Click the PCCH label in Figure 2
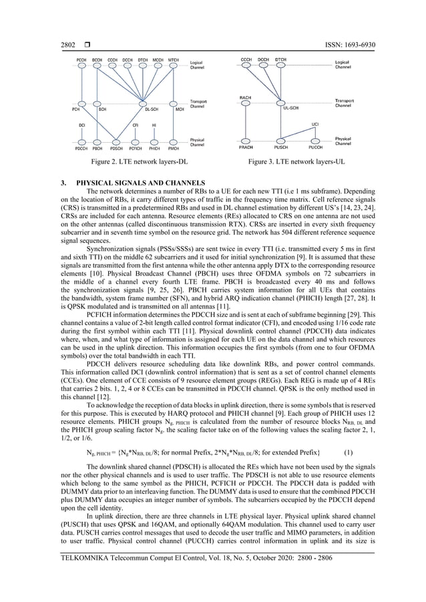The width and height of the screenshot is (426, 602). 81,60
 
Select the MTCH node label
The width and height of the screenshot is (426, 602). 174,60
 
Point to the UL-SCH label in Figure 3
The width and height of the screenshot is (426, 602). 290,107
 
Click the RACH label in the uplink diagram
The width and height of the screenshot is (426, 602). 244,98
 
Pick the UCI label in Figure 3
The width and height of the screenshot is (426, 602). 315,124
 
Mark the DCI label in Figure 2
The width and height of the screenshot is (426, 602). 81,124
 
